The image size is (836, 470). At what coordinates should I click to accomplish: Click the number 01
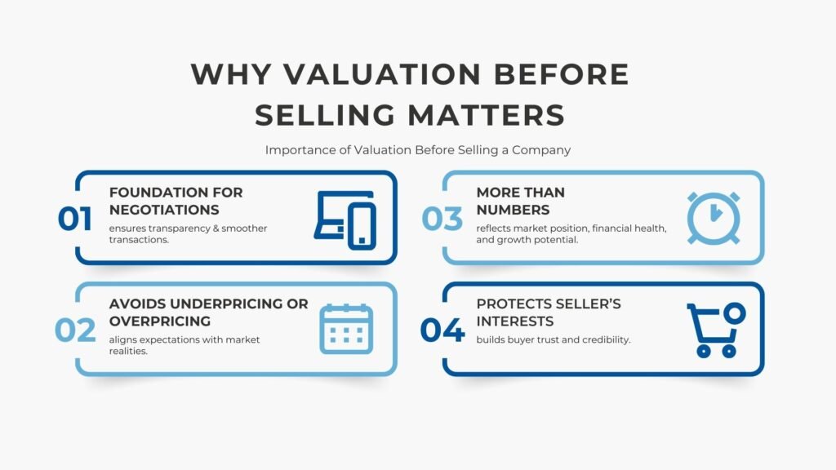74,219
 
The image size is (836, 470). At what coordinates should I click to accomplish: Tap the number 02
75,330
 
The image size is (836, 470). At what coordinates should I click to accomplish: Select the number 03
442,219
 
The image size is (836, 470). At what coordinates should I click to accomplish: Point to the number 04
442,330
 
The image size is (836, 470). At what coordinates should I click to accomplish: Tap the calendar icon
345,329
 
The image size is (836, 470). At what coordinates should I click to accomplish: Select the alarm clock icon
713,218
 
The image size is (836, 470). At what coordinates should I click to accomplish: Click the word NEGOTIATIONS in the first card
164,210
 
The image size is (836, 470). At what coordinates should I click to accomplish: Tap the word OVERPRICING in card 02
160,321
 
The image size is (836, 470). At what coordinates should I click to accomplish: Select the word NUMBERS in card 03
513,210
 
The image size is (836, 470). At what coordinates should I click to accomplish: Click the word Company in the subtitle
542,150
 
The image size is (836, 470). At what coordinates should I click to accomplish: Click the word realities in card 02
129,350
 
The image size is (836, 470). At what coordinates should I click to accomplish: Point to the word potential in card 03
558,239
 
